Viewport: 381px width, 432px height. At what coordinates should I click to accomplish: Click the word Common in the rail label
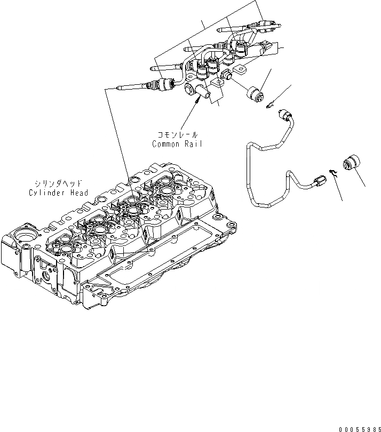click(x=164, y=144)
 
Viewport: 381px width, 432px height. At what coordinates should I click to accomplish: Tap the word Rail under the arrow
click(x=193, y=144)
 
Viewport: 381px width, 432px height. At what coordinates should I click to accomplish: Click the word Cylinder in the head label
click(x=46, y=193)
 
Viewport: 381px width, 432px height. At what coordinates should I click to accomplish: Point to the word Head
click(x=77, y=193)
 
